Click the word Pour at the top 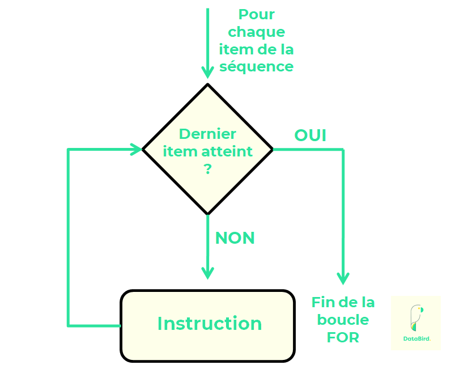click(x=256, y=14)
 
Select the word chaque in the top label click(x=256, y=32)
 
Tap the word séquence click(x=256, y=66)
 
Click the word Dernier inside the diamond click(x=207, y=134)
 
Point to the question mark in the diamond click(x=207, y=169)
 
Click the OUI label click(x=310, y=135)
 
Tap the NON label click(x=235, y=238)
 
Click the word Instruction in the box click(x=209, y=324)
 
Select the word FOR click(x=343, y=338)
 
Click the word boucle click(x=343, y=320)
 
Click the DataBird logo click(x=415, y=323)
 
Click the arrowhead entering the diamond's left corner click(x=136, y=150)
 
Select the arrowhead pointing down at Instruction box click(x=207, y=273)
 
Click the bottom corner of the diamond click(x=207, y=214)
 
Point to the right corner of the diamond click(x=273, y=150)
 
